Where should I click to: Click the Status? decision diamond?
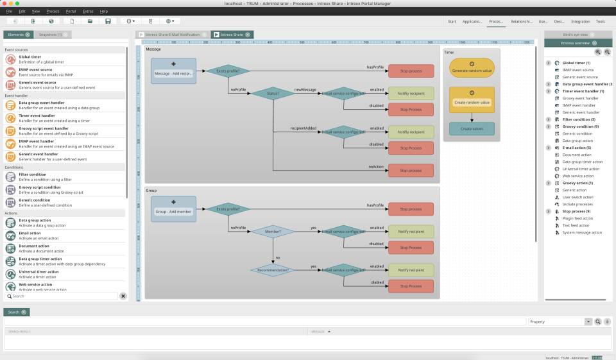tap(272, 93)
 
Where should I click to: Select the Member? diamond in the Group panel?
tap(272, 231)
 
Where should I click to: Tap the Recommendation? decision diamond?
tap(272, 270)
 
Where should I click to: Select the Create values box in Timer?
tap(472, 129)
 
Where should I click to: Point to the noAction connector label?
tap(376, 167)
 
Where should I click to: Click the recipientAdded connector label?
tap(304, 128)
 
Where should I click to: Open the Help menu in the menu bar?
tap(104, 12)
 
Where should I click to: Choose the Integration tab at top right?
tap(580, 21)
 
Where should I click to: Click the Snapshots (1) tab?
tap(50, 35)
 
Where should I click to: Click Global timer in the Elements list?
tap(30, 56)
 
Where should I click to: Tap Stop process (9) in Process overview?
tap(576, 211)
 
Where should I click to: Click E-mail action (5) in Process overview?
tap(576, 148)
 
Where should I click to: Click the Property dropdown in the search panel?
tap(558, 321)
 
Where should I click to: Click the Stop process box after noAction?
tap(411, 171)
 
